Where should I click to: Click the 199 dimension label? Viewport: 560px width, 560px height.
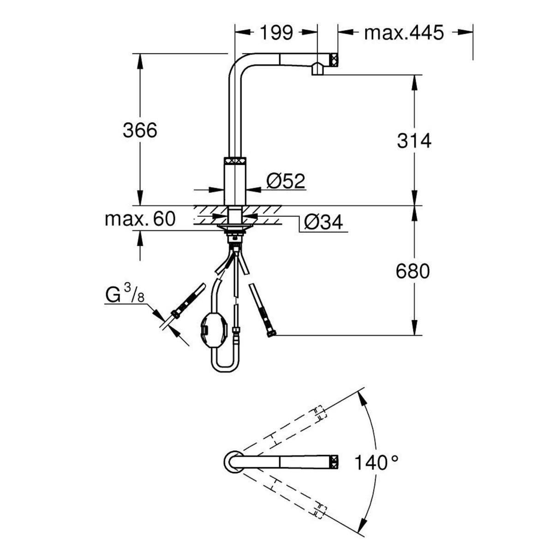pos(276,33)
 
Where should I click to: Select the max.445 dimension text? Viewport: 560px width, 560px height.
pos(404,33)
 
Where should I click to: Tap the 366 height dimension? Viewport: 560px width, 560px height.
pos(140,131)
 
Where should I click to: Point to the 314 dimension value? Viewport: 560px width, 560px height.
pos(414,141)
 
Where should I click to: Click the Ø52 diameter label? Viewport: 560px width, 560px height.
pos(286,181)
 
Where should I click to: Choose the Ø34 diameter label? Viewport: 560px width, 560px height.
pos(323,223)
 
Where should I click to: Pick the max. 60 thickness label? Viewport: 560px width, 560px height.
pos(140,219)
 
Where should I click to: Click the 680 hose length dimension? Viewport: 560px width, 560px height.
pos(413,271)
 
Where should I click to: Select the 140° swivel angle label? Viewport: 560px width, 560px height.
pos(376,462)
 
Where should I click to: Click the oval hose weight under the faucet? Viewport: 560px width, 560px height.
pos(213,329)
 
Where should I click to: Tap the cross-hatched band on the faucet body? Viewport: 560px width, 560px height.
pos(235,161)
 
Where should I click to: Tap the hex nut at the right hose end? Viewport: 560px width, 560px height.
pos(272,334)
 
